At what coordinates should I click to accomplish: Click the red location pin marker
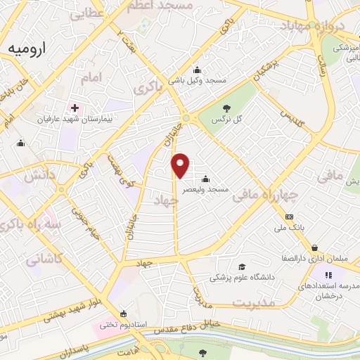(x=181, y=165)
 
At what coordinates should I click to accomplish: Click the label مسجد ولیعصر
(x=205, y=189)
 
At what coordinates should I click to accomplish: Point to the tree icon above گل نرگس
(x=227, y=108)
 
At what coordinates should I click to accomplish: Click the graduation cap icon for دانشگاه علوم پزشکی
(x=242, y=266)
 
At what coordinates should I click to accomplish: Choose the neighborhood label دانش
(x=40, y=176)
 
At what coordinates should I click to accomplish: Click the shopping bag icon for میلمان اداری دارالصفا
(x=314, y=247)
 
